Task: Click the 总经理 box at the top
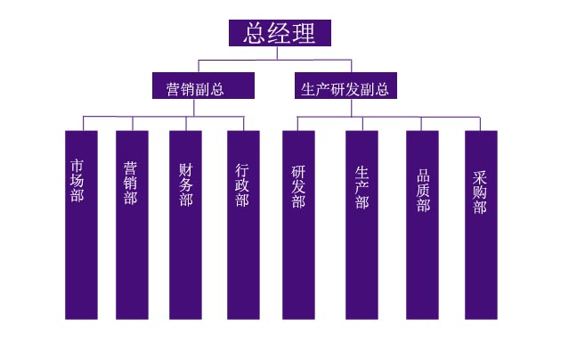pos(280,33)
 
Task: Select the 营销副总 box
pos(203,86)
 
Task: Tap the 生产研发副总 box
pos(345,86)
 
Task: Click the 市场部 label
pos(77,181)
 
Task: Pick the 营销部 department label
pos(131,183)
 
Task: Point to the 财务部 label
pos(186,184)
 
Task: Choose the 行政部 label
pos(242,185)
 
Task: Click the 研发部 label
pos(298,187)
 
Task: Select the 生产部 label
pos(362,187)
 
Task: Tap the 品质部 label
pos(424,191)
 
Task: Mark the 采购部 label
pos(480,192)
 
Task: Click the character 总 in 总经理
pos(256,33)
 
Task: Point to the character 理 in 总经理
pos(304,33)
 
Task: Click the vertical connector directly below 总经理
pos(277,53)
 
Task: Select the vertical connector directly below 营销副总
pos(194,108)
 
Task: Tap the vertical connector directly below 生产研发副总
pos(352,108)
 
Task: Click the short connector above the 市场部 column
pos(83,124)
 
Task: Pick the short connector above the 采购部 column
pos(480,124)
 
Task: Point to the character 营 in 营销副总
pos(173,90)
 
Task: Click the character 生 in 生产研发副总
pos(308,90)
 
